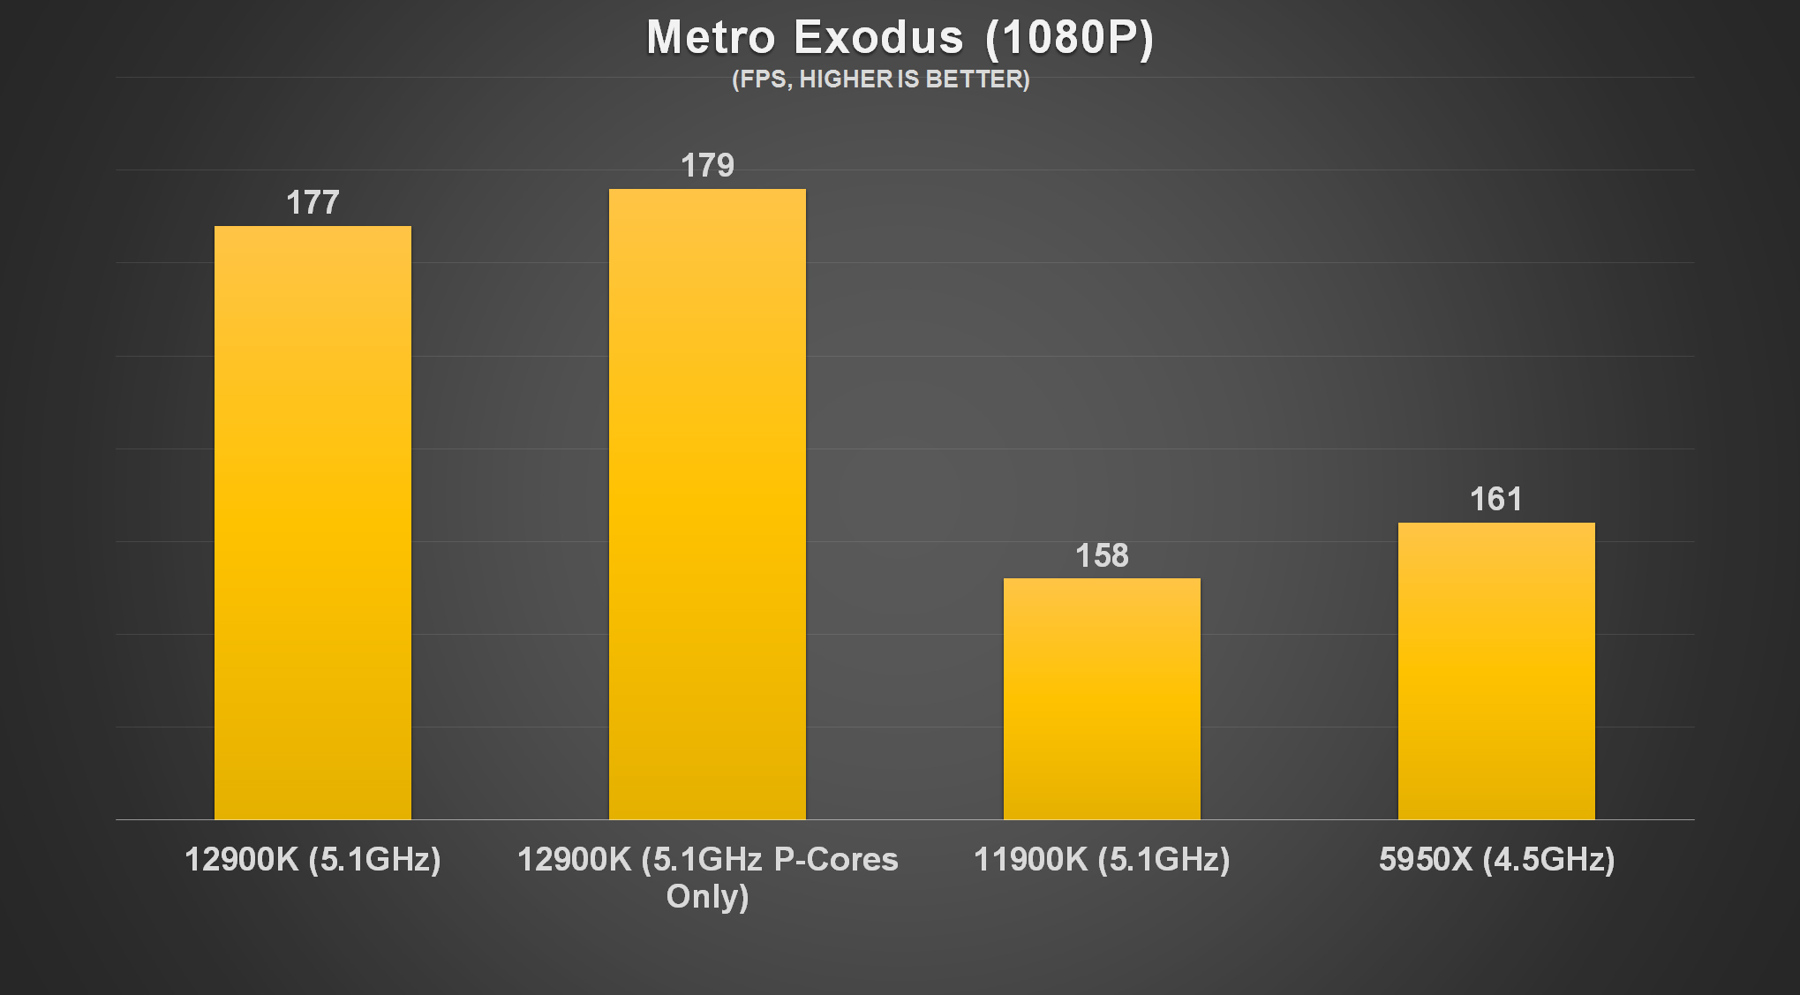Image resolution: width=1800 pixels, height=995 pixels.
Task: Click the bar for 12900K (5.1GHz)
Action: click(313, 523)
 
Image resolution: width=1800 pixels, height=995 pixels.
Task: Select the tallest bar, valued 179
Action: click(707, 504)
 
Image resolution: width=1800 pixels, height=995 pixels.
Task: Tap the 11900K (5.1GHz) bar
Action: click(1102, 698)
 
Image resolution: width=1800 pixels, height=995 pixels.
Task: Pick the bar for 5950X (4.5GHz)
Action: click(1496, 671)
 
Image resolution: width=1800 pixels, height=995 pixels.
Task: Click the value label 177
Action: click(313, 203)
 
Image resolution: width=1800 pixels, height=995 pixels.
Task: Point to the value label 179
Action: click(707, 166)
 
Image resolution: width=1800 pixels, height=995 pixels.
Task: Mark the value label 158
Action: click(1102, 555)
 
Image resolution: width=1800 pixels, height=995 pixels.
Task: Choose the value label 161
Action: click(1496, 500)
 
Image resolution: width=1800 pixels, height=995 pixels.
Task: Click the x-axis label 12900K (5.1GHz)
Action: click(313, 859)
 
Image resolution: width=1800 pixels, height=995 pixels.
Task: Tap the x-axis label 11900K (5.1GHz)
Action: click(1102, 859)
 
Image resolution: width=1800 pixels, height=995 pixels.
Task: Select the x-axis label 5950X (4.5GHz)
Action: click(1496, 859)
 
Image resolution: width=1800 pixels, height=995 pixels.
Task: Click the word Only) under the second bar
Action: click(707, 896)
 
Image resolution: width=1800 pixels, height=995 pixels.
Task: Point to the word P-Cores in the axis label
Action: click(836, 859)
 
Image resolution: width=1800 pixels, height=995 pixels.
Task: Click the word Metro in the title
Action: click(711, 38)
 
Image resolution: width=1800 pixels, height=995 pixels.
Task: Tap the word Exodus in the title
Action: click(878, 38)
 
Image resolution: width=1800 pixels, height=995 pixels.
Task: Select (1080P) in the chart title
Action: click(1068, 38)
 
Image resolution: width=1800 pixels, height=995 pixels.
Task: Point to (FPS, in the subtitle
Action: click(763, 79)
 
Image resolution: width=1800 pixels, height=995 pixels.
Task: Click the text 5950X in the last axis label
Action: click(1426, 859)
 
